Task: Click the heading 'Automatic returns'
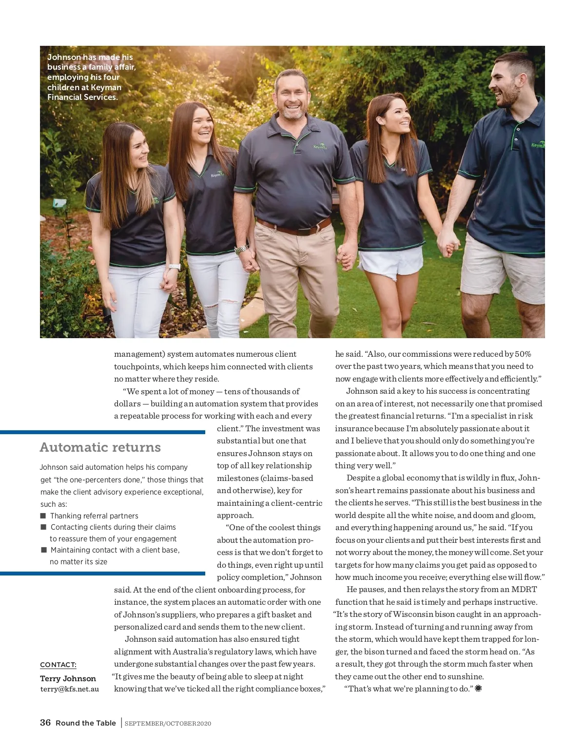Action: tap(100, 447)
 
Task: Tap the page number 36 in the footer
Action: tap(45, 723)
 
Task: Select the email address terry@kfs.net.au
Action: tap(69, 689)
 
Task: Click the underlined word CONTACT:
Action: tap(58, 665)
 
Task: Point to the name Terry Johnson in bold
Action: tap(68, 678)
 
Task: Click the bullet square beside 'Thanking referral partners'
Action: tap(43, 516)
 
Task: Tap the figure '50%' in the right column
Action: tap(523, 354)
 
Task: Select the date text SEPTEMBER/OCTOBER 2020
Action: tap(168, 724)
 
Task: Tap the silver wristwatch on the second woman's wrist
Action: tap(242, 249)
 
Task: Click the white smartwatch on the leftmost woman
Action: tap(175, 267)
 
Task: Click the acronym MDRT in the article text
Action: tap(524, 590)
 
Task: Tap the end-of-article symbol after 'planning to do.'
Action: tap(478, 689)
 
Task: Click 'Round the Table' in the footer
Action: tap(86, 723)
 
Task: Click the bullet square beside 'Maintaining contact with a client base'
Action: tap(44, 550)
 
